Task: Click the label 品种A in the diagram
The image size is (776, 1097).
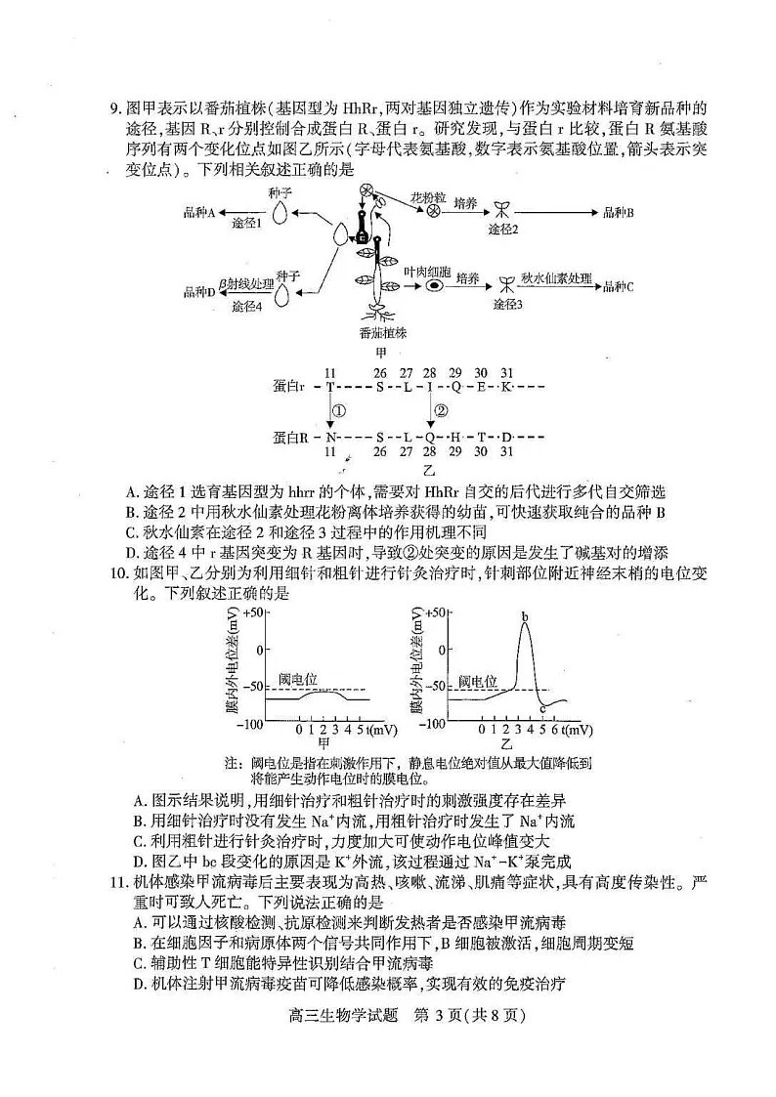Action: click(x=199, y=212)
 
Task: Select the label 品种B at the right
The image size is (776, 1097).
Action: click(x=619, y=212)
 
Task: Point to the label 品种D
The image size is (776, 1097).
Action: click(x=199, y=291)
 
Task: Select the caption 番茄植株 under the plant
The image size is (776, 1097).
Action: click(x=382, y=333)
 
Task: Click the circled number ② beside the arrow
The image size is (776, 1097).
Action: click(x=441, y=410)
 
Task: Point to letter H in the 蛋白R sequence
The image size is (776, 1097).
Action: click(x=454, y=436)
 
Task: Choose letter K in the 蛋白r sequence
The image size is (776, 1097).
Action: click(x=505, y=386)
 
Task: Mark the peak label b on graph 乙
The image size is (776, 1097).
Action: click(x=525, y=617)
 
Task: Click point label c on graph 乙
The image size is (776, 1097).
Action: click(x=542, y=709)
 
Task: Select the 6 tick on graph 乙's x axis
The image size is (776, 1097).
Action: click(x=555, y=730)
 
